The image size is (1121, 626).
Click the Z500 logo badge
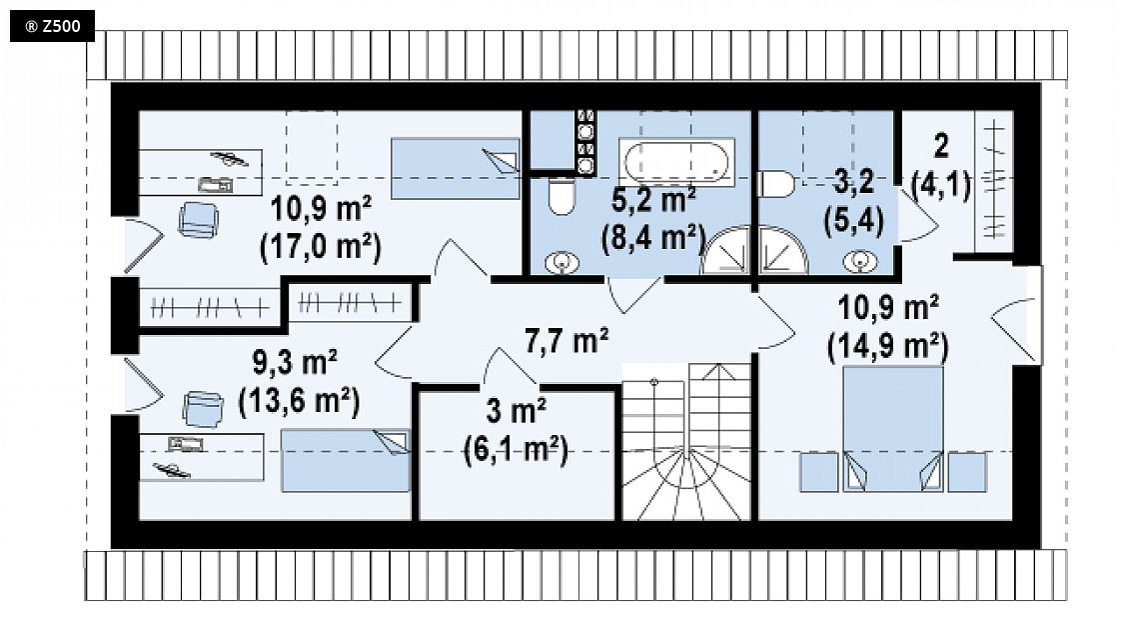(x=52, y=26)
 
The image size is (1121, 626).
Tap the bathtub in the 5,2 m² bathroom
(x=676, y=162)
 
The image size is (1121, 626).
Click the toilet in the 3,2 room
(x=775, y=184)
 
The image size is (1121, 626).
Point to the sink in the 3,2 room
(x=860, y=262)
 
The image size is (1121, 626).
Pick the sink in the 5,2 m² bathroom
(x=561, y=263)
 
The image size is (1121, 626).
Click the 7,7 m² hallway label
(x=566, y=341)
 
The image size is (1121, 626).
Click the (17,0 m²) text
(x=321, y=248)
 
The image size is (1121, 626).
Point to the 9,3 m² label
(x=295, y=363)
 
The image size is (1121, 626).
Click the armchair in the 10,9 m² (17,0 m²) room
(x=198, y=220)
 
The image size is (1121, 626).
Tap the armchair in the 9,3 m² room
(x=203, y=409)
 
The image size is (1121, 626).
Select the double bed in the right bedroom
(x=893, y=429)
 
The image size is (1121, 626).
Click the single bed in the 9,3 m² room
(x=346, y=461)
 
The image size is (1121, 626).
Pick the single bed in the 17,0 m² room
(x=456, y=169)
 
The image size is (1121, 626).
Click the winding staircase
(x=686, y=441)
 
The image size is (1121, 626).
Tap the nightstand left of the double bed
(x=818, y=472)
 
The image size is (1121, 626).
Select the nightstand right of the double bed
(x=967, y=472)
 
